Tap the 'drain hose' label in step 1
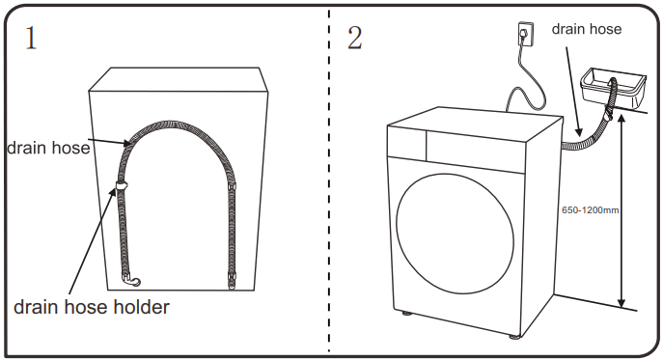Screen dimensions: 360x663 point(48,148)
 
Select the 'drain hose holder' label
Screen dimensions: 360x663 point(92,307)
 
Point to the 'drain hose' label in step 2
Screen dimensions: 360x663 point(586,29)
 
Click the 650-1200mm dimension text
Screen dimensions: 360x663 point(590,208)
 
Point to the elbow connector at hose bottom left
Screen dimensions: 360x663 point(131,281)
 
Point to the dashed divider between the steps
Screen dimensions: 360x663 point(329,183)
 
